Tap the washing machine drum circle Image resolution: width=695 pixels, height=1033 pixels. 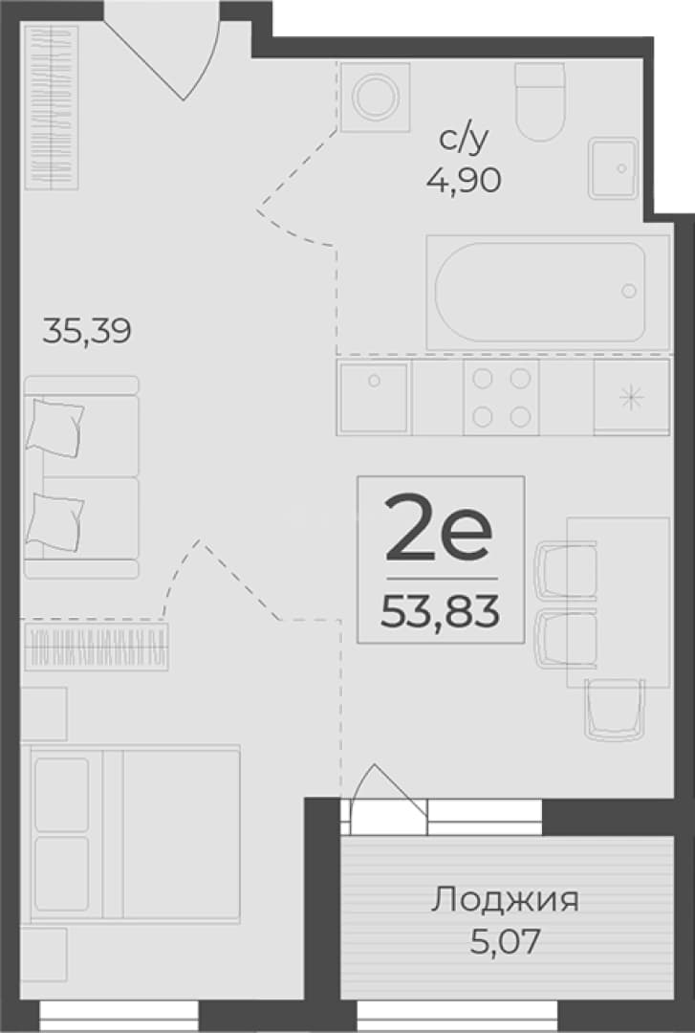coord(376,97)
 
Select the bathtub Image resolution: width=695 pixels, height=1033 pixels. coord(548,293)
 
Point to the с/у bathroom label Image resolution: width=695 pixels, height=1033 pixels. coord(465,140)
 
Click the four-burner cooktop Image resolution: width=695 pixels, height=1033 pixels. coord(501,397)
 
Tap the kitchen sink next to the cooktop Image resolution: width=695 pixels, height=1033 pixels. coord(374,397)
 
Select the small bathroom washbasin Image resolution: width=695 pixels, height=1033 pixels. coord(614,168)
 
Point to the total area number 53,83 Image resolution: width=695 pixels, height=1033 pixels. coord(441,612)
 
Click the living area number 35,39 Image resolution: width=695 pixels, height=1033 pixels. coord(87,331)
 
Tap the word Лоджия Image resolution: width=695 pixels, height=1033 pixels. coord(506,899)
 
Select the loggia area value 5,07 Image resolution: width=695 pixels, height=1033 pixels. coord(505,941)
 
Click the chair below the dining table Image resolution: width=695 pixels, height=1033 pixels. coord(614,710)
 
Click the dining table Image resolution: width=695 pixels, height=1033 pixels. coord(618,603)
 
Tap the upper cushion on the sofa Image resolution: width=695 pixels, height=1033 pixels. coord(54,427)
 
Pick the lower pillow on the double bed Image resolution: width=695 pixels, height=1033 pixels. coord(62,872)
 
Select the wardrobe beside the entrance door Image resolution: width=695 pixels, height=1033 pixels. coord(52,107)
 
